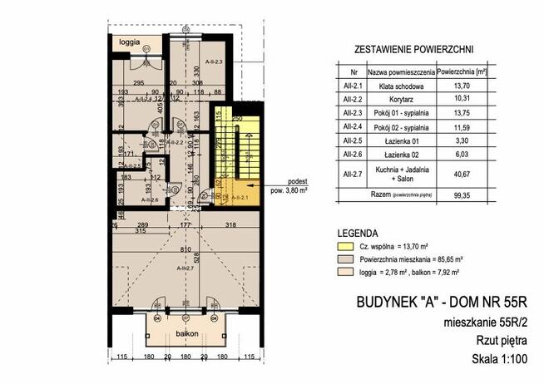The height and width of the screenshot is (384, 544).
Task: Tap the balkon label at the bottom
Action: (175, 332)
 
